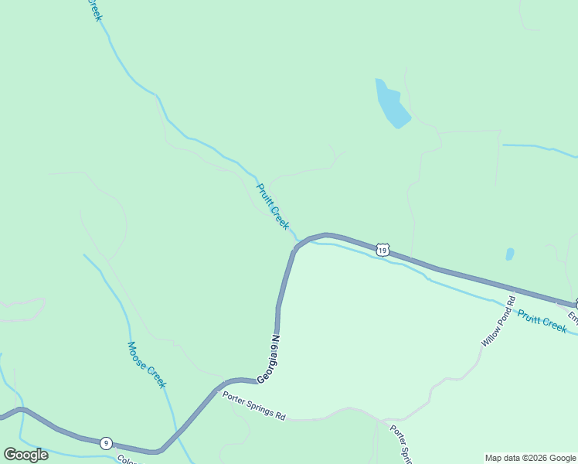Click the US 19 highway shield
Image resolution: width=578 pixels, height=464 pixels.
pos(382,249)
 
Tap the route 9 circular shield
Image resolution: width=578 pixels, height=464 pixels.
pos(106,443)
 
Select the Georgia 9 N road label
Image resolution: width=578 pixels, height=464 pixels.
pos(268,358)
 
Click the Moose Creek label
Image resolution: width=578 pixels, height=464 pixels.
pos(147,365)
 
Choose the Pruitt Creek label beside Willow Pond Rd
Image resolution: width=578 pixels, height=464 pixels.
pos(542,321)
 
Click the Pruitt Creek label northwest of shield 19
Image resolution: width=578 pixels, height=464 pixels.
pos(273,206)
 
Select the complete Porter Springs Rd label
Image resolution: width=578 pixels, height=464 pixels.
pos(254,407)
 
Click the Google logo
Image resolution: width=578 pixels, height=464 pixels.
pos(26,454)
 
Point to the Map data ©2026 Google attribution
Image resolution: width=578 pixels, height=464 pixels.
pos(531,458)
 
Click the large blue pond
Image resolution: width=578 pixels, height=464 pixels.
pos(391,104)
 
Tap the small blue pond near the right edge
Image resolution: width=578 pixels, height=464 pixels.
pos(509,254)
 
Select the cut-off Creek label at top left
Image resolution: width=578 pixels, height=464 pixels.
pos(93,9)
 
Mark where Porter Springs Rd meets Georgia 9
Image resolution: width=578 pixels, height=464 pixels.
pos(224,382)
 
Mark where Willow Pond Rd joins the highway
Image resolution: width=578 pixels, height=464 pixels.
pos(512,292)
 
